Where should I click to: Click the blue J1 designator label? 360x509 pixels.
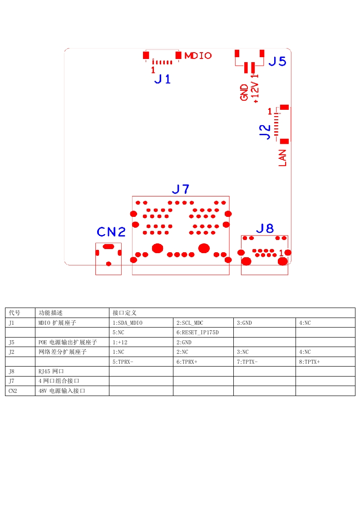163,79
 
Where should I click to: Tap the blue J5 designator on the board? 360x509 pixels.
277,61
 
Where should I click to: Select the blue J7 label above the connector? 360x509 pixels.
181,189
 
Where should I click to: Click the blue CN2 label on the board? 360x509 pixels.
111,232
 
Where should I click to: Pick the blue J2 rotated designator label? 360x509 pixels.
265,131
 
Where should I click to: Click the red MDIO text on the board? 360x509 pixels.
198,56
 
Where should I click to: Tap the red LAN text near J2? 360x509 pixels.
282,158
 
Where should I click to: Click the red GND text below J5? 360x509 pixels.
245,92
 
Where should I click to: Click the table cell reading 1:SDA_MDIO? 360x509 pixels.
128,323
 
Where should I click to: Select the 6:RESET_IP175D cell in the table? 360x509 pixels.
197,333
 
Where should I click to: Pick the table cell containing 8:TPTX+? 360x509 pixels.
309,362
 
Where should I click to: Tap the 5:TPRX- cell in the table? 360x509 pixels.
123,362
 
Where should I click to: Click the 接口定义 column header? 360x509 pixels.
124,313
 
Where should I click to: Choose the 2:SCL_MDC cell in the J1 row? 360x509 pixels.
190,323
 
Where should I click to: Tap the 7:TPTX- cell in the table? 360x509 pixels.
247,362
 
